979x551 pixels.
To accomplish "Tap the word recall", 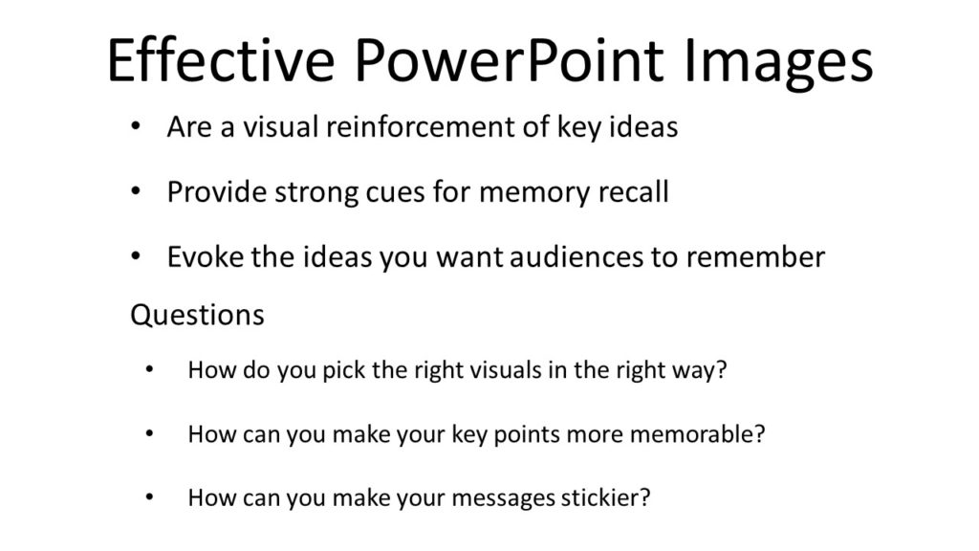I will (x=627, y=192).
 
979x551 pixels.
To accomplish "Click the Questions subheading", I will (x=197, y=315).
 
